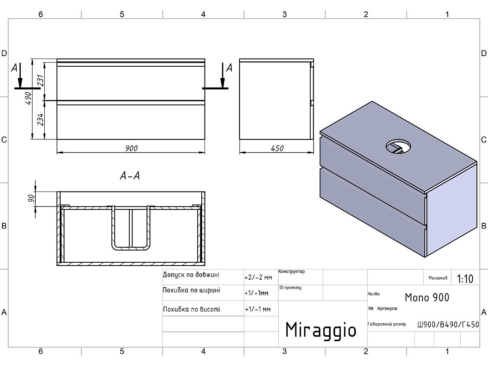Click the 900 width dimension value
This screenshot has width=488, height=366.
131,148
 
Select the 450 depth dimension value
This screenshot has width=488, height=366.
277,148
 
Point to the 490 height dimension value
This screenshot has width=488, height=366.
28,98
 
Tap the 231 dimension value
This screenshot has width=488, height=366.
40,81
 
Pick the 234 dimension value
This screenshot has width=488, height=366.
40,120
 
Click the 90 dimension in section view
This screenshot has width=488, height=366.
31,198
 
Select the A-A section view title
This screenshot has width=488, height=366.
130,176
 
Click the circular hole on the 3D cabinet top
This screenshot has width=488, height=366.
398,146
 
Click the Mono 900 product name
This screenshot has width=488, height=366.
427,297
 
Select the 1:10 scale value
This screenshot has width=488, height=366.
465,279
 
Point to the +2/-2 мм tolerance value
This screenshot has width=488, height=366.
258,278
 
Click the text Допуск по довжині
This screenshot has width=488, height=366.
191,275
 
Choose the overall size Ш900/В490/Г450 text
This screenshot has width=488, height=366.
448,325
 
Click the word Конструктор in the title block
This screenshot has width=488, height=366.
292,272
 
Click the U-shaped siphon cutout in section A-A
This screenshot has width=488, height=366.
131,228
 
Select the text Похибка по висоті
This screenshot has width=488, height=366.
192,309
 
